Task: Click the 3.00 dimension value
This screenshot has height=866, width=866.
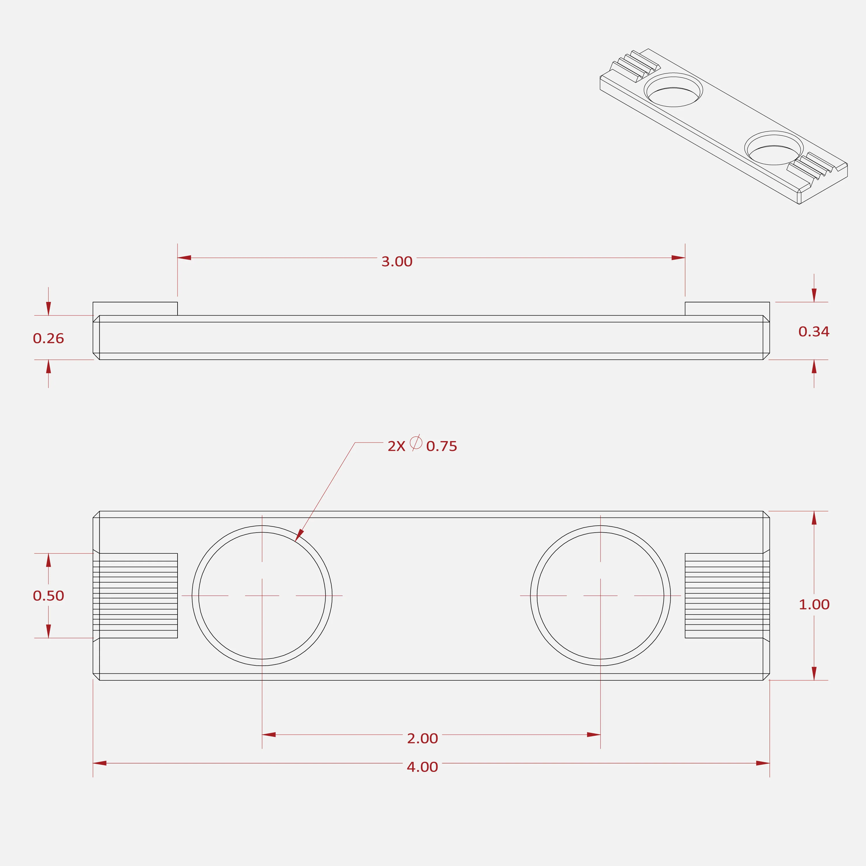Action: (397, 261)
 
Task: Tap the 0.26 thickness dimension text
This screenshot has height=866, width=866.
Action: (48, 338)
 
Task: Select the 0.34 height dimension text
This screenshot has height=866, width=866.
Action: (814, 332)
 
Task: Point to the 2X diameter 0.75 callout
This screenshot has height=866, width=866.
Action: (422, 445)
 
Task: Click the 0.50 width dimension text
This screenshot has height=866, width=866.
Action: (48, 596)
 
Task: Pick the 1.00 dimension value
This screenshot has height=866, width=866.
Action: (814, 605)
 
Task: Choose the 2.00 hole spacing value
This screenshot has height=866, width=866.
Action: (422, 738)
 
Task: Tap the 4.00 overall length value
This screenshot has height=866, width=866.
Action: (422, 767)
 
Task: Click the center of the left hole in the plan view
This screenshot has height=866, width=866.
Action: (262, 596)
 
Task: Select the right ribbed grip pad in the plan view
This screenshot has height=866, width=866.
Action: (727, 596)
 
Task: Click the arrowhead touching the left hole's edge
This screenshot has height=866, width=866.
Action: (299, 535)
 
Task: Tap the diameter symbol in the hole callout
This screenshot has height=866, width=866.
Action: (416, 443)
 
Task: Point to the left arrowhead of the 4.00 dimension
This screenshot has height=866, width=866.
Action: (100, 763)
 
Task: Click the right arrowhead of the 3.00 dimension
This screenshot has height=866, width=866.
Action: (678, 258)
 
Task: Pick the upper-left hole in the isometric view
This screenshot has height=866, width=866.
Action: (673, 90)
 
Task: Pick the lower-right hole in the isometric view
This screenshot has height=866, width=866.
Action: (774, 148)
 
